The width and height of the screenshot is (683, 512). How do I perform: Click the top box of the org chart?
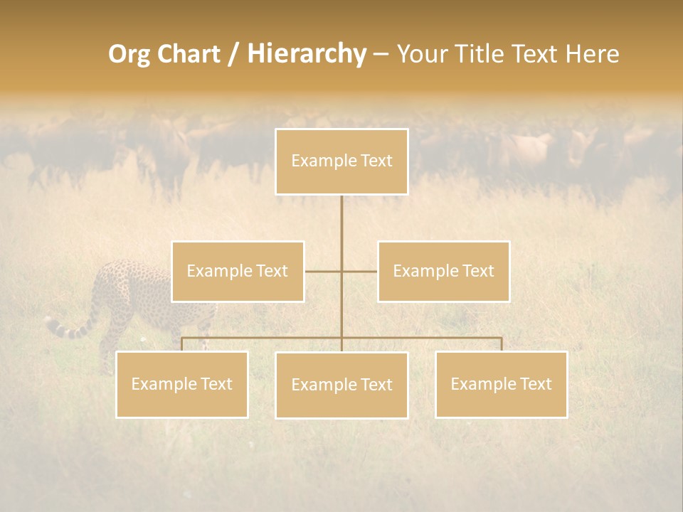click(341, 161)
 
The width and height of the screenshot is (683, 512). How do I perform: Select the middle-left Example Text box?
click(238, 271)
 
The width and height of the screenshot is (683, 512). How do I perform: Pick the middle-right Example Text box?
click(443, 271)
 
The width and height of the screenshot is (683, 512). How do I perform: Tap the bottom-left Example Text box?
click(182, 384)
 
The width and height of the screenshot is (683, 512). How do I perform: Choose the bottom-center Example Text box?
click(341, 385)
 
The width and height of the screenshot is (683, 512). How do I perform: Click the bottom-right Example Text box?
click(501, 384)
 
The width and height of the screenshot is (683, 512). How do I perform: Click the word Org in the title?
click(129, 54)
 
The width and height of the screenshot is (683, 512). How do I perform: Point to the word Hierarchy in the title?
click(306, 54)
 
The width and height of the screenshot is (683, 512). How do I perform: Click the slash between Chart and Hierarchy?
click(233, 55)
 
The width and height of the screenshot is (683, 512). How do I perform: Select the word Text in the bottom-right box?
click(535, 384)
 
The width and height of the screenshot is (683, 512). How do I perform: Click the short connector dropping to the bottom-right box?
click(502, 344)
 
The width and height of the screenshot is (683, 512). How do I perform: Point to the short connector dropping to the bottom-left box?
click(182, 344)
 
